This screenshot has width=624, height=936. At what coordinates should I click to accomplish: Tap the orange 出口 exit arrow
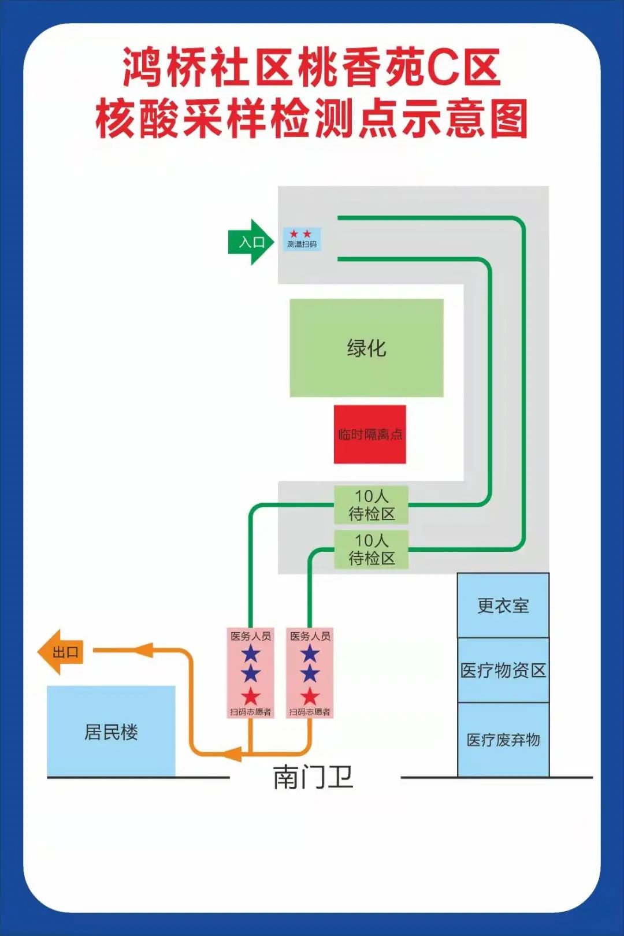click(x=61, y=652)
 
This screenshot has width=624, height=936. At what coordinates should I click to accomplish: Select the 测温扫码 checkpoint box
click(x=302, y=239)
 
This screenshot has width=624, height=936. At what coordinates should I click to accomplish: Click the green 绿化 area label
click(x=366, y=348)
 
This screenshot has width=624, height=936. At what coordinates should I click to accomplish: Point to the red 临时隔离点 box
click(x=370, y=434)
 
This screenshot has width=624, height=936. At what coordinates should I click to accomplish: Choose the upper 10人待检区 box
click(x=372, y=504)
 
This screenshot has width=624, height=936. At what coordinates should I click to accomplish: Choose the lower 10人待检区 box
click(x=372, y=549)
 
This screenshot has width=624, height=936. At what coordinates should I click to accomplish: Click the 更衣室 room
click(x=503, y=606)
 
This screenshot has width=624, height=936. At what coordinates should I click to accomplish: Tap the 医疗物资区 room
click(x=503, y=670)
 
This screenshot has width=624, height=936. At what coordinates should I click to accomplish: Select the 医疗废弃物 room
click(x=503, y=740)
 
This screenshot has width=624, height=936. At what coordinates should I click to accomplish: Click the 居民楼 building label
click(x=111, y=732)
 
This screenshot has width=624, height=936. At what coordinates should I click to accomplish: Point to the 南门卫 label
click(x=313, y=777)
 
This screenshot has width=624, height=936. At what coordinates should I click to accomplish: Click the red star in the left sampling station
click(x=251, y=696)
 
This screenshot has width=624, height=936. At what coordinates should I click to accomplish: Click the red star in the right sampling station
click(x=310, y=696)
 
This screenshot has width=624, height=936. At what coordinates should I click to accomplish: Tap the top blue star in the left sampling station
click(x=251, y=654)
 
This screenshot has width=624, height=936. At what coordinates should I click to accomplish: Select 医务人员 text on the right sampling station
click(x=310, y=636)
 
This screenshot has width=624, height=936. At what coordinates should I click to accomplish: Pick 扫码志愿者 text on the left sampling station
click(x=251, y=712)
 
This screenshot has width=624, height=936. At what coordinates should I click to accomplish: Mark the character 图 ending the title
click(x=507, y=118)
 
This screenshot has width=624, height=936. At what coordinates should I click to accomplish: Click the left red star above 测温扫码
click(x=294, y=233)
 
